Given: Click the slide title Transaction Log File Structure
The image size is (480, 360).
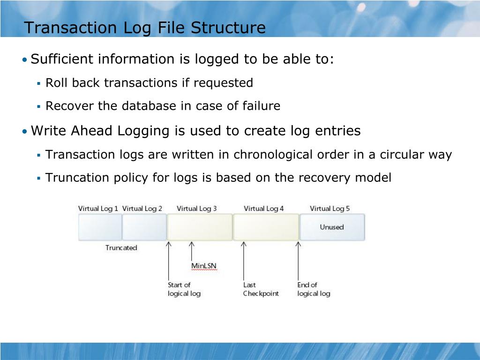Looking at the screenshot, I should [x=145, y=28].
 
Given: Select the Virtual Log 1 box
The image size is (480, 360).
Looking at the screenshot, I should [x=100, y=227].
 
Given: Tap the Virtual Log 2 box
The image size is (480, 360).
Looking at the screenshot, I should [x=144, y=227].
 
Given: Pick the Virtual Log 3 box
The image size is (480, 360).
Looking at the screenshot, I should [x=200, y=227].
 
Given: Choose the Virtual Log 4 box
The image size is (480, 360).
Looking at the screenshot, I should [x=266, y=227].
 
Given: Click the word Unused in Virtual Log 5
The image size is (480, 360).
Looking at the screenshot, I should [x=331, y=227].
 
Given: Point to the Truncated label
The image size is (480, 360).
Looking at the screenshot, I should [x=121, y=248].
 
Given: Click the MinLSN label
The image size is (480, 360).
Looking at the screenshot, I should [x=204, y=266].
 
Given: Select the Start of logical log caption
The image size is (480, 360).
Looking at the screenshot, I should [x=184, y=289].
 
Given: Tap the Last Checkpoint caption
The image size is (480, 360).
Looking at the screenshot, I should [x=260, y=289].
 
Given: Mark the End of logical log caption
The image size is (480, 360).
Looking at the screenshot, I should [x=314, y=289].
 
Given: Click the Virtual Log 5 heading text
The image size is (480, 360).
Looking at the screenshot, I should [x=330, y=209].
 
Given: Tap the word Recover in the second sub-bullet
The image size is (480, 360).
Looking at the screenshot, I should [x=63, y=106].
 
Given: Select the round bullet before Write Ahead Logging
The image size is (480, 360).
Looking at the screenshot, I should [x=24, y=132].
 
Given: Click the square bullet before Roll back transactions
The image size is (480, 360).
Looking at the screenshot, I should [x=39, y=84].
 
